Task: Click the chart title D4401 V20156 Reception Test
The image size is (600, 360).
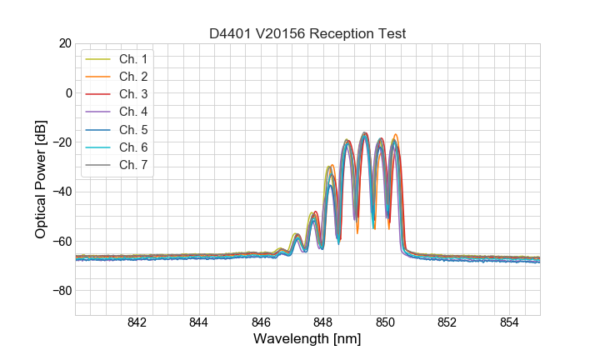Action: (x=307, y=33)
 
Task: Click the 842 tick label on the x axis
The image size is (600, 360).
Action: (x=137, y=324)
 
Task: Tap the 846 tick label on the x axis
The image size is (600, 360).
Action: (x=261, y=324)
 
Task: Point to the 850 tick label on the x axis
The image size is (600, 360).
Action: (x=385, y=324)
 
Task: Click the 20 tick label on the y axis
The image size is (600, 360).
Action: (x=64, y=43)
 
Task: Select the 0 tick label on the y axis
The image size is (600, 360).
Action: (x=68, y=92)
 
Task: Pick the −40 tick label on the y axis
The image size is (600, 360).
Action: (x=61, y=192)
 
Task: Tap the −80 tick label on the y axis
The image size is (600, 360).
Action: (x=61, y=291)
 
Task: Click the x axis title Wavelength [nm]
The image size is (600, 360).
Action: (x=307, y=340)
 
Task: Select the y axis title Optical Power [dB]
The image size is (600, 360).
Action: (x=41, y=179)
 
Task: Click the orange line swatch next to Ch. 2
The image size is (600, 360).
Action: (x=98, y=77)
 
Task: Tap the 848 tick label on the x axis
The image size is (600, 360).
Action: (x=323, y=324)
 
